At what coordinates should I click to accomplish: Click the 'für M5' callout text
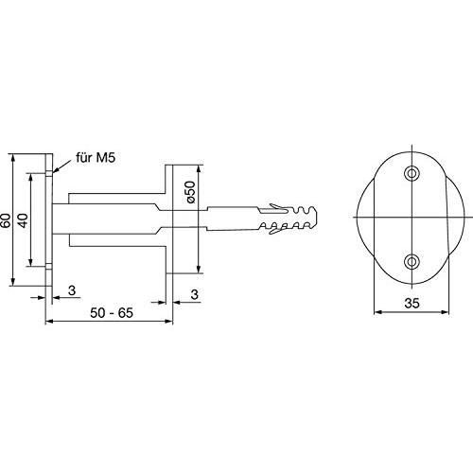click(x=96, y=158)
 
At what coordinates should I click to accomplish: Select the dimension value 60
click(x=6, y=220)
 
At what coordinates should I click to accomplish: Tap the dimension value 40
click(x=23, y=220)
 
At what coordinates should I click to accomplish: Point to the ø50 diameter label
click(x=190, y=192)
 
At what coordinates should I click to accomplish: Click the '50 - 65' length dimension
click(x=112, y=313)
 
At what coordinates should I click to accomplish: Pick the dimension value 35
click(x=412, y=304)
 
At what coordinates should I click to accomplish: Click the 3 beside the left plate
click(x=72, y=290)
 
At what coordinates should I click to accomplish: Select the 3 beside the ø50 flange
click(x=195, y=294)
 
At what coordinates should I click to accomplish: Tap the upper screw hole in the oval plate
click(x=412, y=173)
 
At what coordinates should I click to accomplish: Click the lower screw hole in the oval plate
click(x=412, y=261)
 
